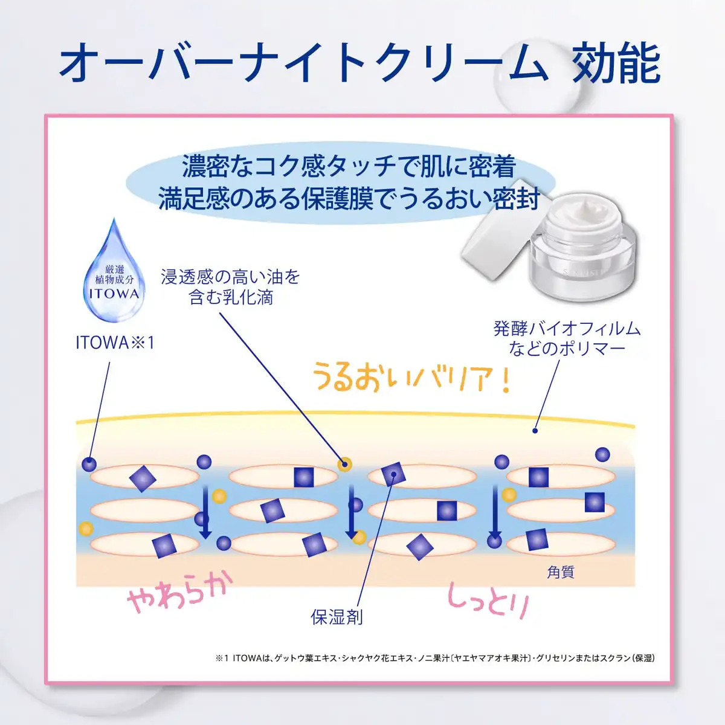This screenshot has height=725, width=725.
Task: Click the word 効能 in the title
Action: click(x=616, y=63)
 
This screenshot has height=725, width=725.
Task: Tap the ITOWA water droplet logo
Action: click(x=114, y=271)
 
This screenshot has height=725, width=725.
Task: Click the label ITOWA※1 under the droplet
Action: click(x=115, y=343)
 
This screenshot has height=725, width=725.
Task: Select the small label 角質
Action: click(x=561, y=572)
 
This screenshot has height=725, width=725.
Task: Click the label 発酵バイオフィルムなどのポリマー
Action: click(x=567, y=338)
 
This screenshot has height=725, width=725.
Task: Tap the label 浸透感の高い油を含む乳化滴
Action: click(x=231, y=287)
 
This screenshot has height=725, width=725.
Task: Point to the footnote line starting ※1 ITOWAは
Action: click(x=435, y=658)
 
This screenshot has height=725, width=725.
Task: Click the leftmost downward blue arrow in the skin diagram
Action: click(x=205, y=512)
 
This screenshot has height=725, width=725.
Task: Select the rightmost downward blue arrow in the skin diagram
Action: click(x=495, y=512)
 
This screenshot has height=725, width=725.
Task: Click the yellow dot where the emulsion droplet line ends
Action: click(x=344, y=465)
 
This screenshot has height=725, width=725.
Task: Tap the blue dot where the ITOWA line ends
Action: click(x=89, y=465)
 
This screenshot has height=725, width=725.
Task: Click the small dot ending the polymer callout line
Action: click(x=535, y=431)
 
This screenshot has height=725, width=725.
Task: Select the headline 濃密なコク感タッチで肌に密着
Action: click(x=349, y=166)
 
